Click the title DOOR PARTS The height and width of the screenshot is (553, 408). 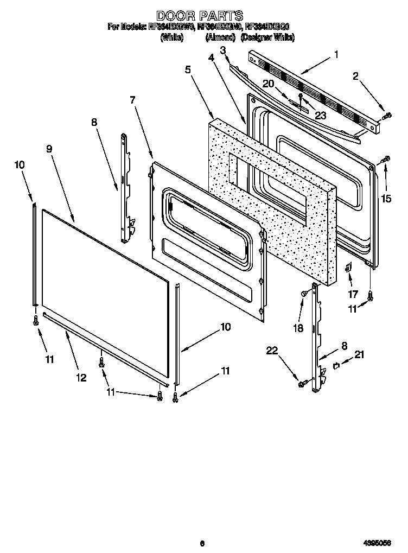tap(200, 16)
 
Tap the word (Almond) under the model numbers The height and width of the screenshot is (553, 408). tap(220, 38)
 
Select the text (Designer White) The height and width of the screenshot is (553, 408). tap(267, 38)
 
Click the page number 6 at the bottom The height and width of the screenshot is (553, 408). tap(201, 542)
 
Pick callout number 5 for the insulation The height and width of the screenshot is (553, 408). tap(187, 70)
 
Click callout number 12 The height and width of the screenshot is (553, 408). tap(81, 378)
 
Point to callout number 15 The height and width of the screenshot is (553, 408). tap(386, 199)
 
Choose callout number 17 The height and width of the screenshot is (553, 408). tap(353, 295)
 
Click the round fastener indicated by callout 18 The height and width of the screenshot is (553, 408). tap(304, 294)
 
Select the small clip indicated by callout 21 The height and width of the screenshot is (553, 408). tap(336, 366)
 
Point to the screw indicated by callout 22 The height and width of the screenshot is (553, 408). tap(302, 384)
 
